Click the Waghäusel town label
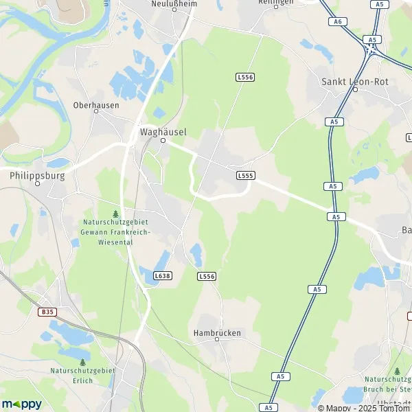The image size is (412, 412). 163,131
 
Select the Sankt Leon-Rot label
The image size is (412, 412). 355,81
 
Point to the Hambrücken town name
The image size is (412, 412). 218,332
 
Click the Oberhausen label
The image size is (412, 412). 96,105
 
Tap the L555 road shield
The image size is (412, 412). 245,176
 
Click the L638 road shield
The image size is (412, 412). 163,275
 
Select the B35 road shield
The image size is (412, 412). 46,311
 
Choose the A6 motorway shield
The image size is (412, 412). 336,22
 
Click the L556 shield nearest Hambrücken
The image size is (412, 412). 206,275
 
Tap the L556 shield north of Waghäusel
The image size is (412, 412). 244,77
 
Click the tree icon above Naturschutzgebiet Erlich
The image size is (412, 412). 82,361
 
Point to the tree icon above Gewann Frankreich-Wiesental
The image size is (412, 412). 115,214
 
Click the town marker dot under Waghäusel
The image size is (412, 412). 163,140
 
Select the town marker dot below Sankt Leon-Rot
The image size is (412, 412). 355,89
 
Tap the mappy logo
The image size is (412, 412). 22,404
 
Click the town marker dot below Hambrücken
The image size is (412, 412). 218,340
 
